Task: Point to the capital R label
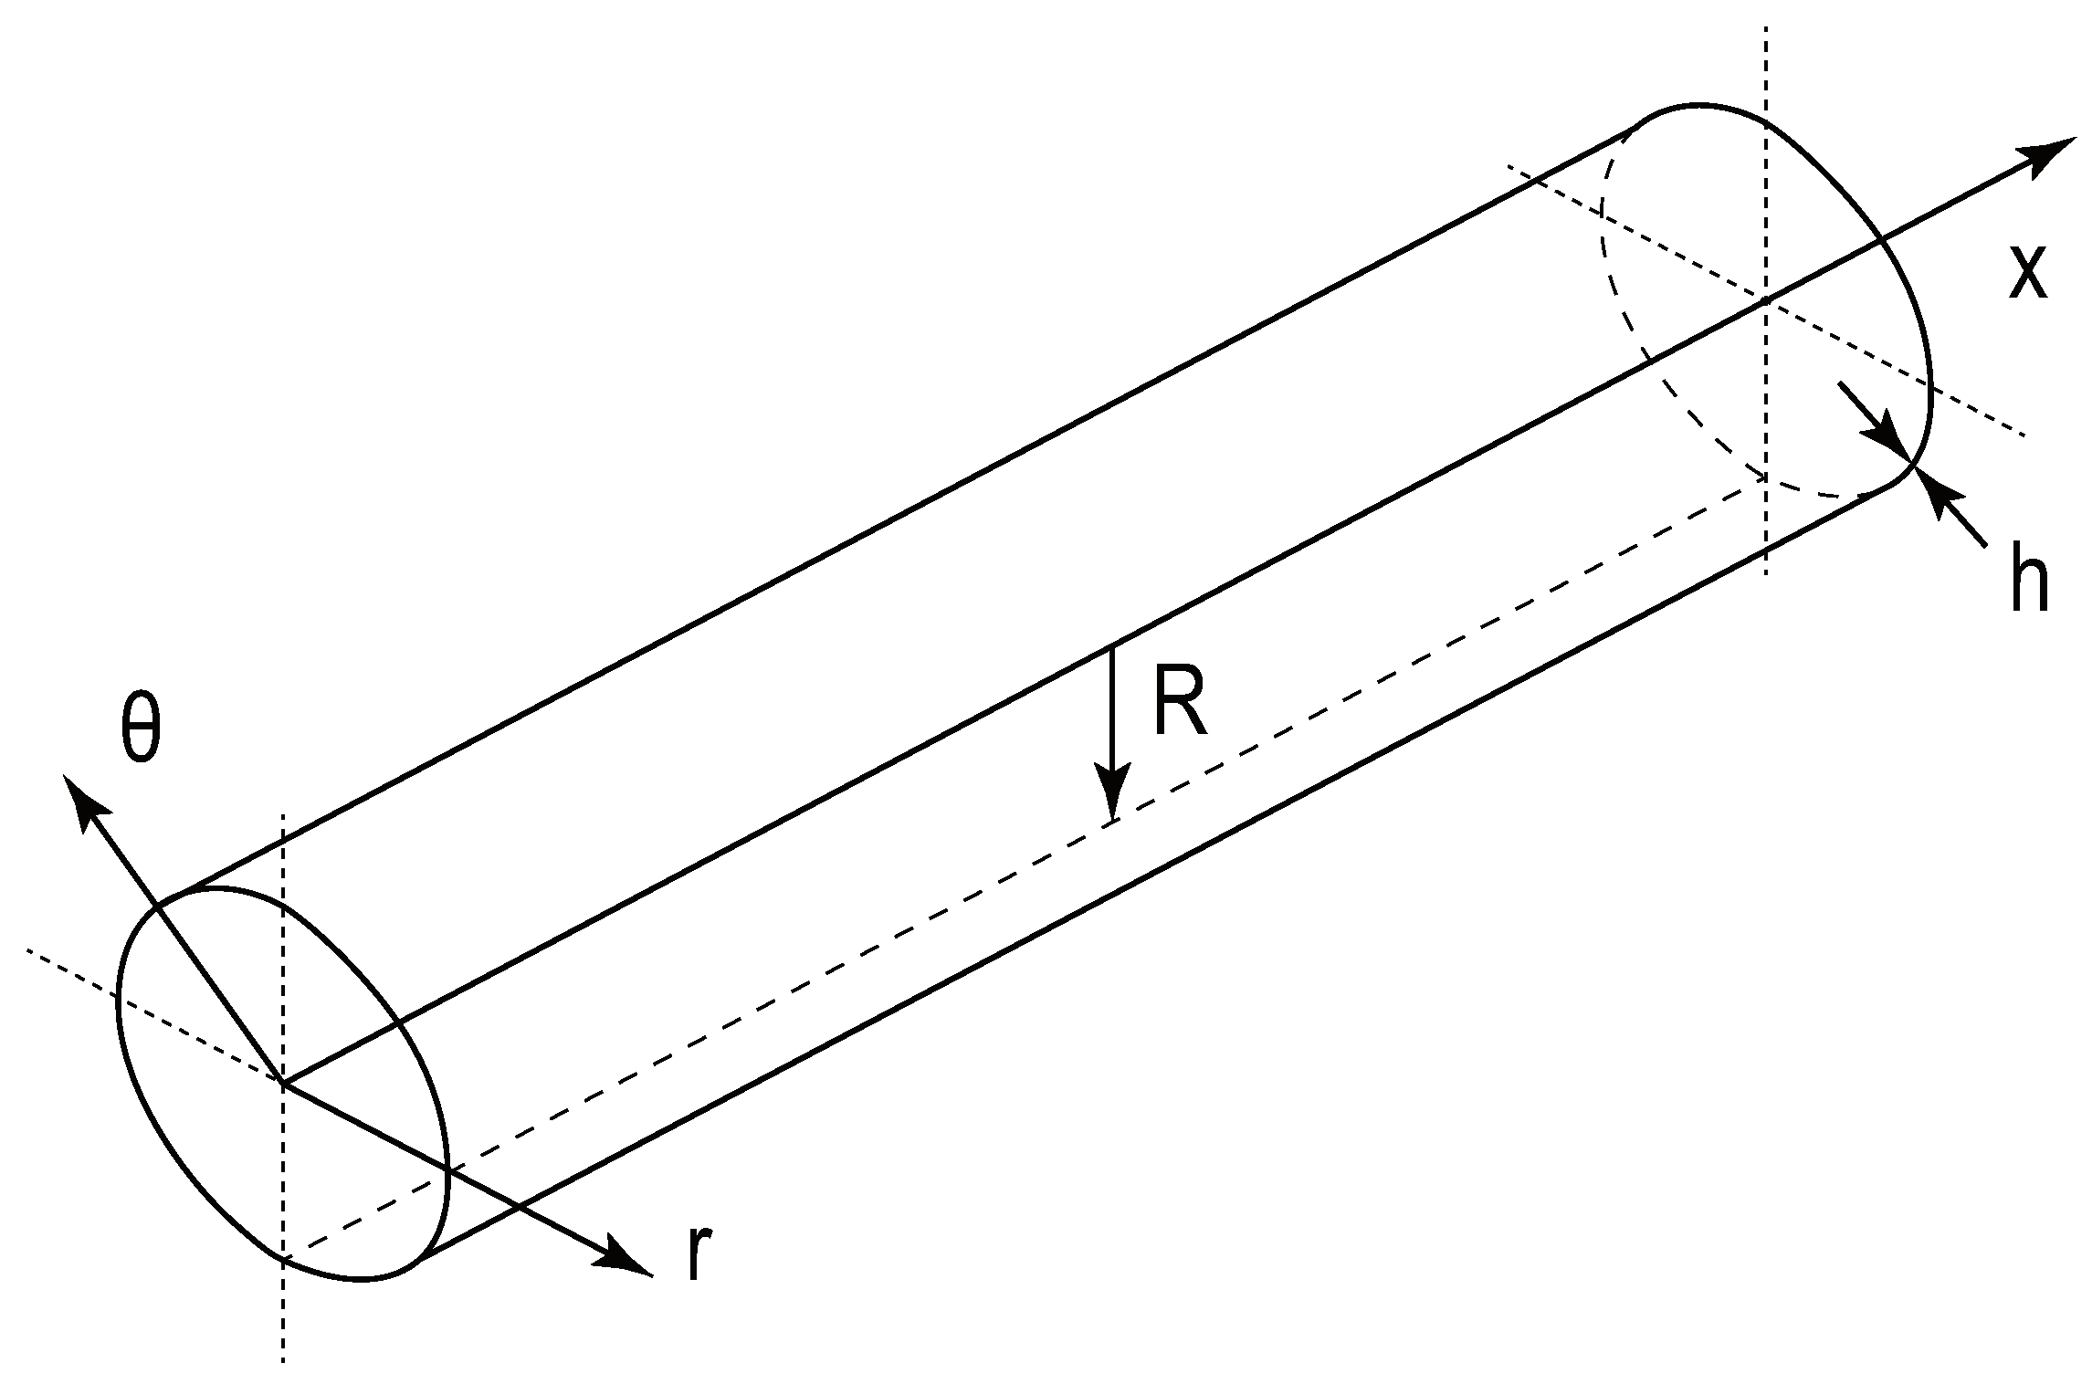1180,700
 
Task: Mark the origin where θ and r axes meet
284,1084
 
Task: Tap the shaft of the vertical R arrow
1111,712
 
